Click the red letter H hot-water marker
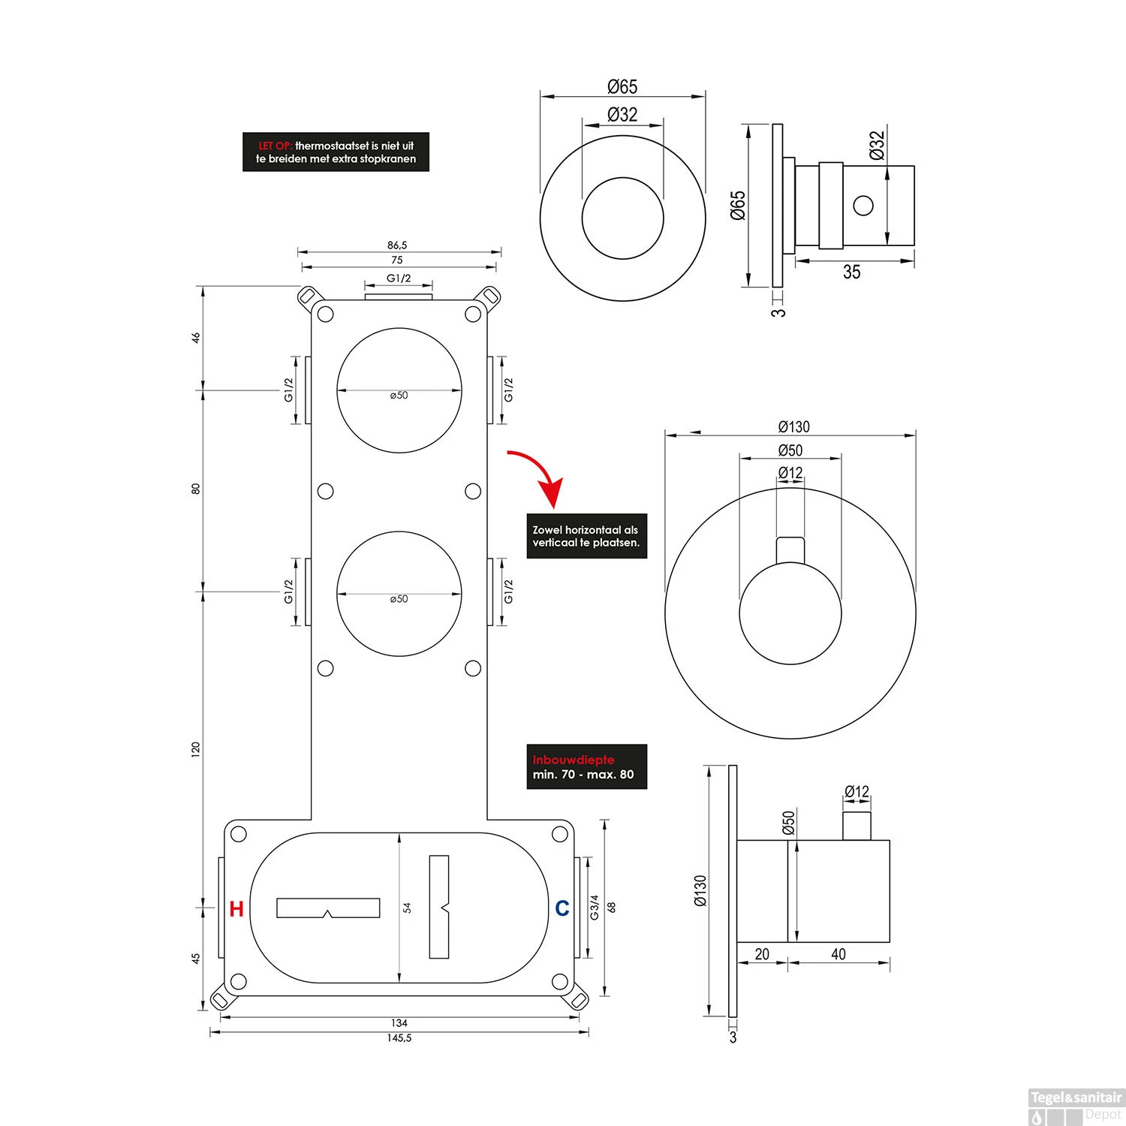pos(236,908)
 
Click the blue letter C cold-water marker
pos(561,908)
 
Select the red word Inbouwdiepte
pos(573,760)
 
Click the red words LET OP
pos(275,146)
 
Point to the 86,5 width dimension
pos(397,245)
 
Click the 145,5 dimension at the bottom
pos(399,1038)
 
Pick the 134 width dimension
pos(399,1022)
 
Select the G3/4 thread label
pos(595,907)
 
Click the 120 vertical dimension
pos(196,749)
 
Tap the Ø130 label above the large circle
pos(793,426)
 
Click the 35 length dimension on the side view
pos(851,272)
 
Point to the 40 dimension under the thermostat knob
pos(838,954)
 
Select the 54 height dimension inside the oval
pos(408,908)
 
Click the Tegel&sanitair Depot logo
pos(1075,1105)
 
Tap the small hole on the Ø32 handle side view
pos(863,205)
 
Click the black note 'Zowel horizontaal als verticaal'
pos(586,535)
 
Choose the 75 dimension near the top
pos(397,260)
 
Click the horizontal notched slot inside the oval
pos(328,908)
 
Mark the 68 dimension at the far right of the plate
pos(612,907)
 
